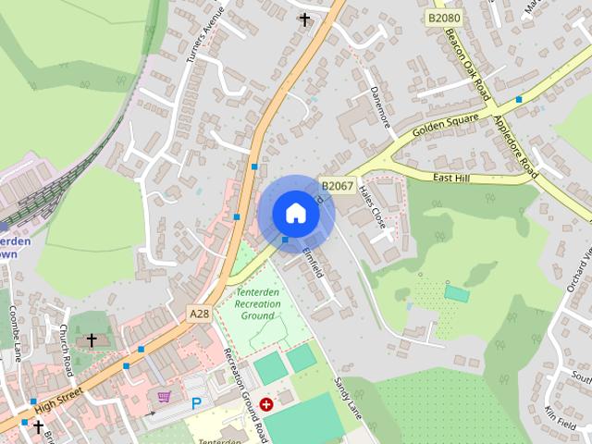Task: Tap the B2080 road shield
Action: tap(443, 18)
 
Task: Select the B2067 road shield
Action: tap(338, 186)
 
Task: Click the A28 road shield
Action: tap(199, 314)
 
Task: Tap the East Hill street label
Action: tap(452, 178)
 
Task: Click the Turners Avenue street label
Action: tap(204, 36)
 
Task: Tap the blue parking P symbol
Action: tap(196, 403)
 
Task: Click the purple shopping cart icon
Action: tap(165, 397)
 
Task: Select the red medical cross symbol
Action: tap(266, 404)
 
